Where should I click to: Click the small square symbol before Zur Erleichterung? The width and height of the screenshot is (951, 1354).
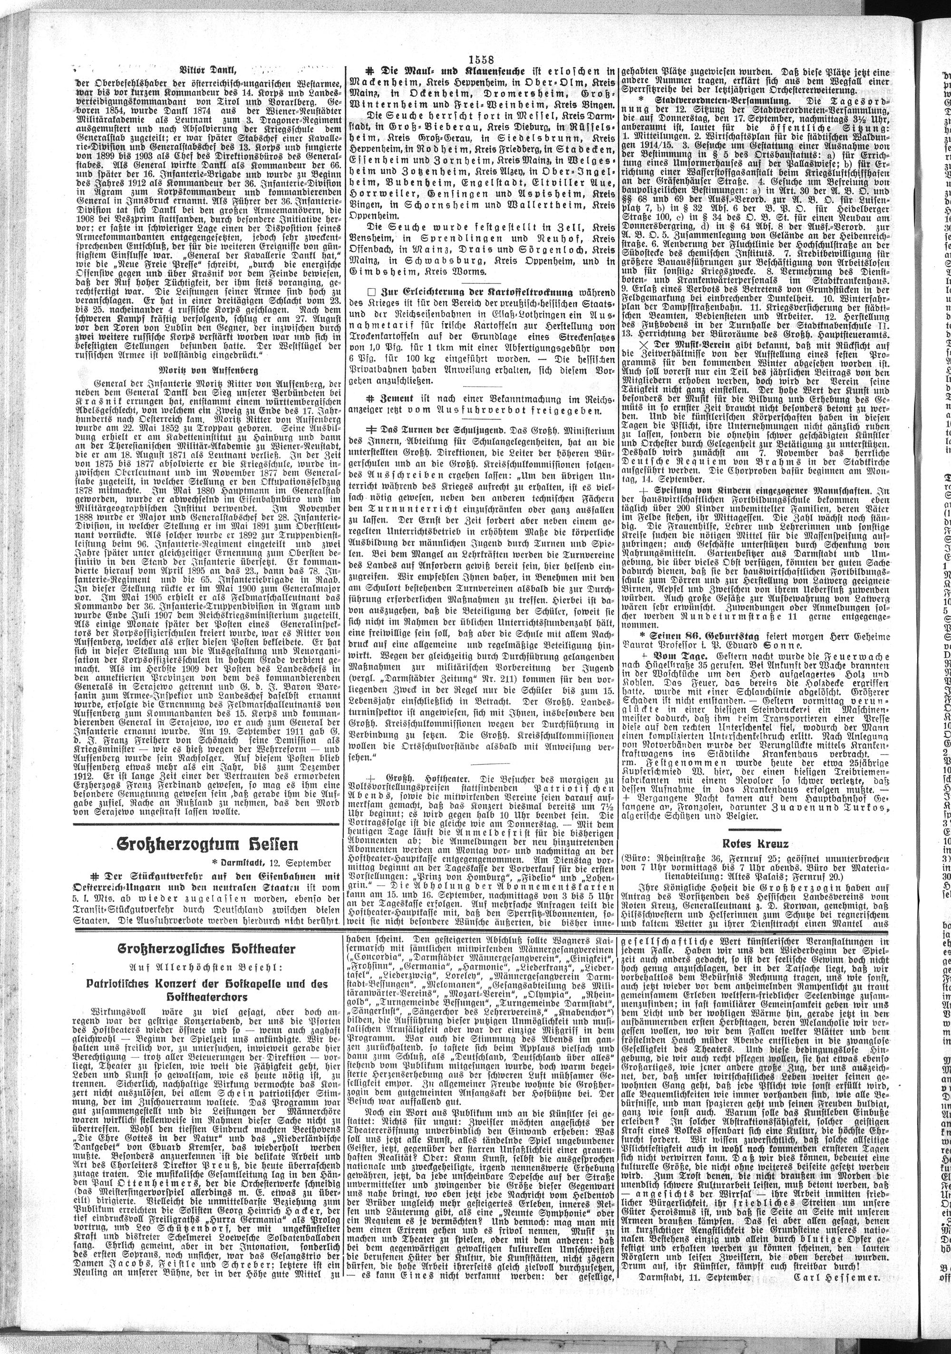[x=370, y=292]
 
